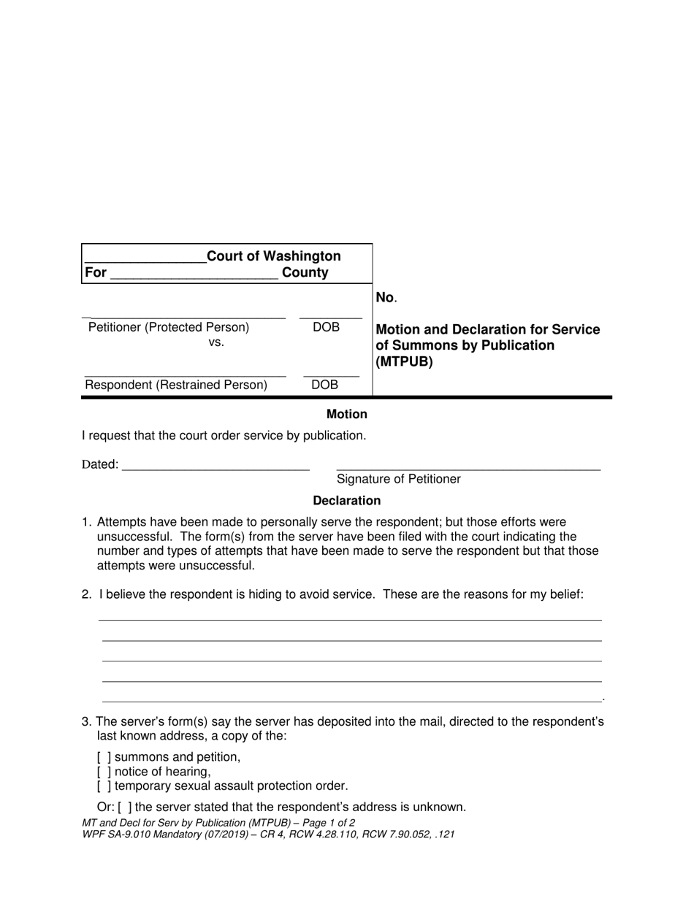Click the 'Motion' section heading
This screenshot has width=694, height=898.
coord(346,414)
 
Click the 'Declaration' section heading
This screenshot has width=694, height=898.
coord(346,501)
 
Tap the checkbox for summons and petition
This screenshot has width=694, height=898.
coord(104,757)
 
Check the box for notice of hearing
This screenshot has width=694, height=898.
coord(104,772)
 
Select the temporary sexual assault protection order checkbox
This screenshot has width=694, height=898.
coord(104,786)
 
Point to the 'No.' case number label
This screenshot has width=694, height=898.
coord(385,297)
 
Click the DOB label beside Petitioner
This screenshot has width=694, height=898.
coord(326,328)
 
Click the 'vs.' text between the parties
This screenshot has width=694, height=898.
coord(216,342)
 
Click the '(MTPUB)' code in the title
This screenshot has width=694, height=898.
coord(404,361)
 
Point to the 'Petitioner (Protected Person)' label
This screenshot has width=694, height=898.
coord(169,328)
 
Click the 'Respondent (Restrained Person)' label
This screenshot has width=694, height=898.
coord(176,385)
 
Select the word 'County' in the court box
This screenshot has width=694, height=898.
coord(305,273)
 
